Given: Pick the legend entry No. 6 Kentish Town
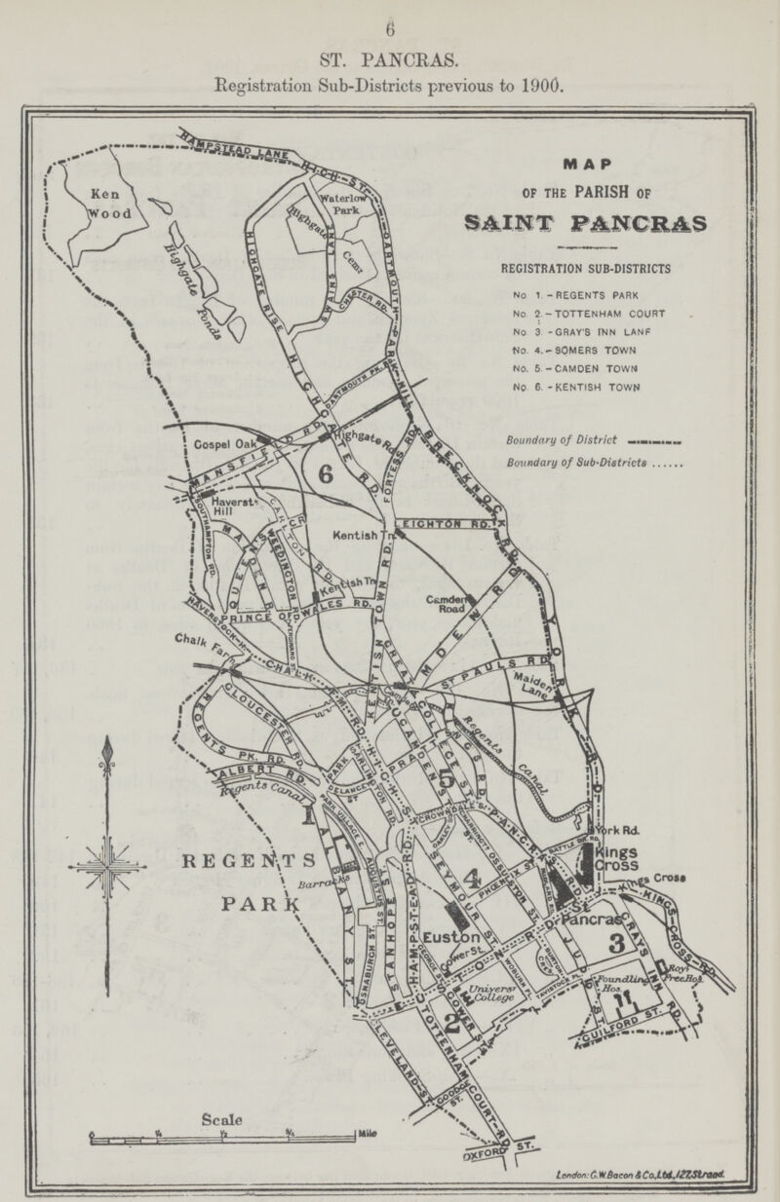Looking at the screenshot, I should pyautogui.click(x=584, y=387).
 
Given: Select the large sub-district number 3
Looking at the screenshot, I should pyautogui.click(x=616, y=943).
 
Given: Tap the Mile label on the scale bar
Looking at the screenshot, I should pyautogui.click(x=367, y=1133).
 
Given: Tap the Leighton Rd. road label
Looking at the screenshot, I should pyautogui.click(x=448, y=523).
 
